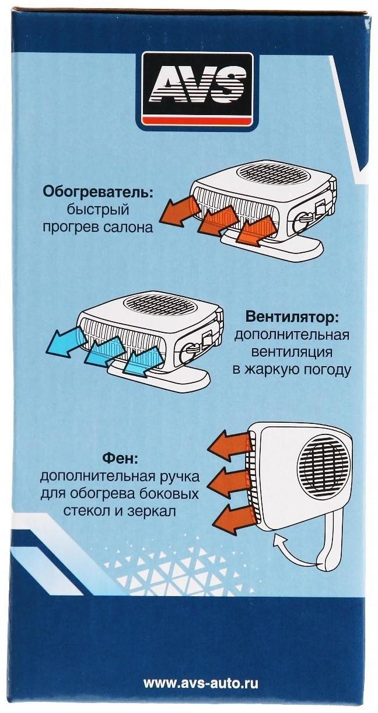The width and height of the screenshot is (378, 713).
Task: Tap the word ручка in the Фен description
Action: pos(178,477)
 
